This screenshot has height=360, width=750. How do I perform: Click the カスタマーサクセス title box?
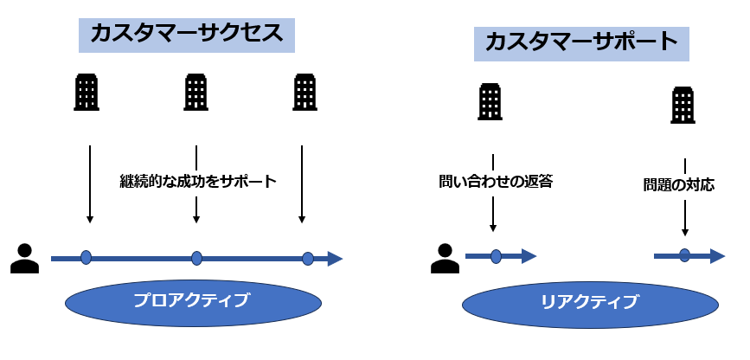pos(187,35)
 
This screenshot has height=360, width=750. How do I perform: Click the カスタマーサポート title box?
pos(581,42)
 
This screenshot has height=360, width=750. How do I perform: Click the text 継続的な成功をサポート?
pos(197,182)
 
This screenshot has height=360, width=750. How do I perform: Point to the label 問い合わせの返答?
pos(495,182)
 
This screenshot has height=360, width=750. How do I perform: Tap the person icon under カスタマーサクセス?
pos(24,258)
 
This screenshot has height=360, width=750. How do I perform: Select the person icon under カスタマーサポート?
pos(445,258)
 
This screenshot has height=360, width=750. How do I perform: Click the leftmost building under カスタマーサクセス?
pos(87,92)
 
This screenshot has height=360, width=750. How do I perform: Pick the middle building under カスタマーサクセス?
pos(196,92)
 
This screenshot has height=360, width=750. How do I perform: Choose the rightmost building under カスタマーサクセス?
pos(304,92)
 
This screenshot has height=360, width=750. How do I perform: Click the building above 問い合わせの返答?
pos(490,101)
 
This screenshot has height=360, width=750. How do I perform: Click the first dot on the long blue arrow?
pos(86,257)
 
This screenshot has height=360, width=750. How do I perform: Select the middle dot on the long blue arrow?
pos(197,258)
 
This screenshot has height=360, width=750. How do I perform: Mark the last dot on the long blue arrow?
pos(307,258)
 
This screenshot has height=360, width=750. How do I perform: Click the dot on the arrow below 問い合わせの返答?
pos(496,256)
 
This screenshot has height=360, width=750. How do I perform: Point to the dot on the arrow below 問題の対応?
pos(684,255)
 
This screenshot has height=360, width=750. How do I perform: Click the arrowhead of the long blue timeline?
pos(335,258)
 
